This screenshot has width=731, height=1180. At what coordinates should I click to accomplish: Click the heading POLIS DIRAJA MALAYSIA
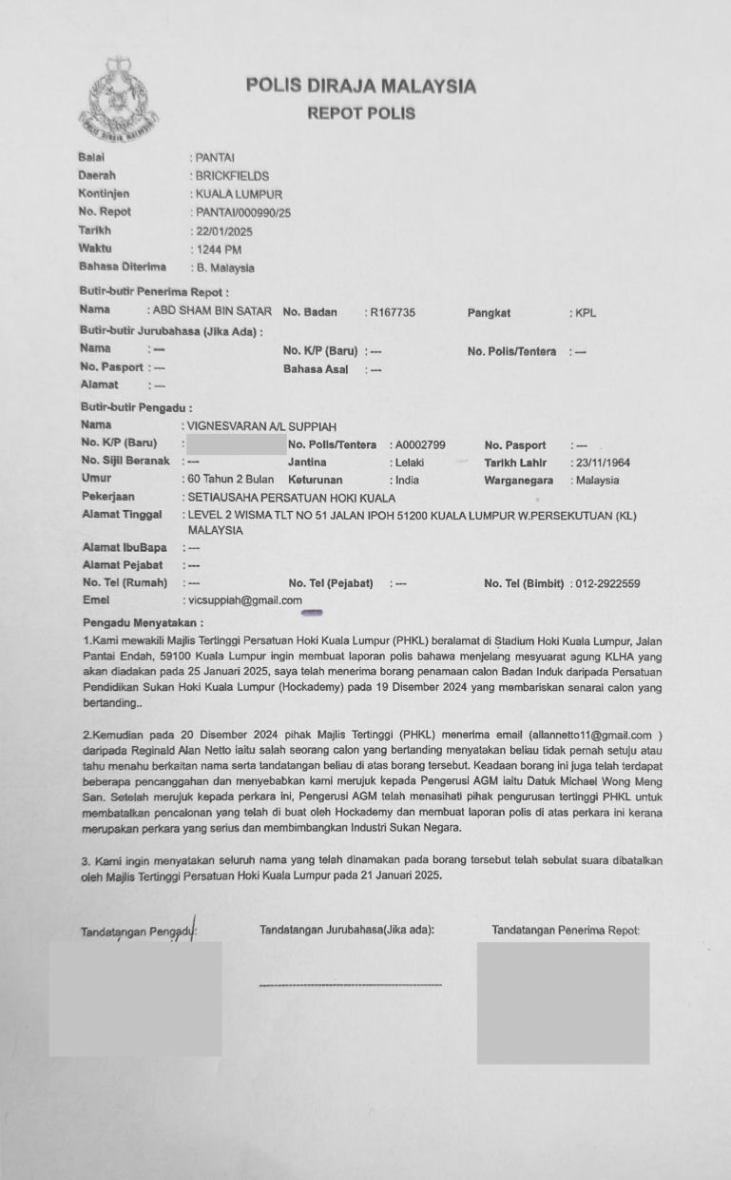point(361,87)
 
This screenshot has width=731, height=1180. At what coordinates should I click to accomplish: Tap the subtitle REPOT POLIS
point(361,113)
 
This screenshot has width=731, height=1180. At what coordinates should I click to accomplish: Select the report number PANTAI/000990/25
point(242,212)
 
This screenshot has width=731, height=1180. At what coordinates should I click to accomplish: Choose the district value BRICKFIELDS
point(232,176)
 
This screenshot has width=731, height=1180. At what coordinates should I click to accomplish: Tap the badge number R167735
point(393,312)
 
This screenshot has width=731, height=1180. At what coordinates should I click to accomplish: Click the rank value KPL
point(587,312)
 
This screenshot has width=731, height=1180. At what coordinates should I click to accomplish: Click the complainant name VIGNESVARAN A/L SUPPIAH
point(262,426)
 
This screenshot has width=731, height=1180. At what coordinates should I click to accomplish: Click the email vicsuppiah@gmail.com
point(245,600)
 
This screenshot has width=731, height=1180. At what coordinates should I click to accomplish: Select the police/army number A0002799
point(418,444)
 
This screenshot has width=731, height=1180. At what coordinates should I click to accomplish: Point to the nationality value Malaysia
point(597,481)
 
